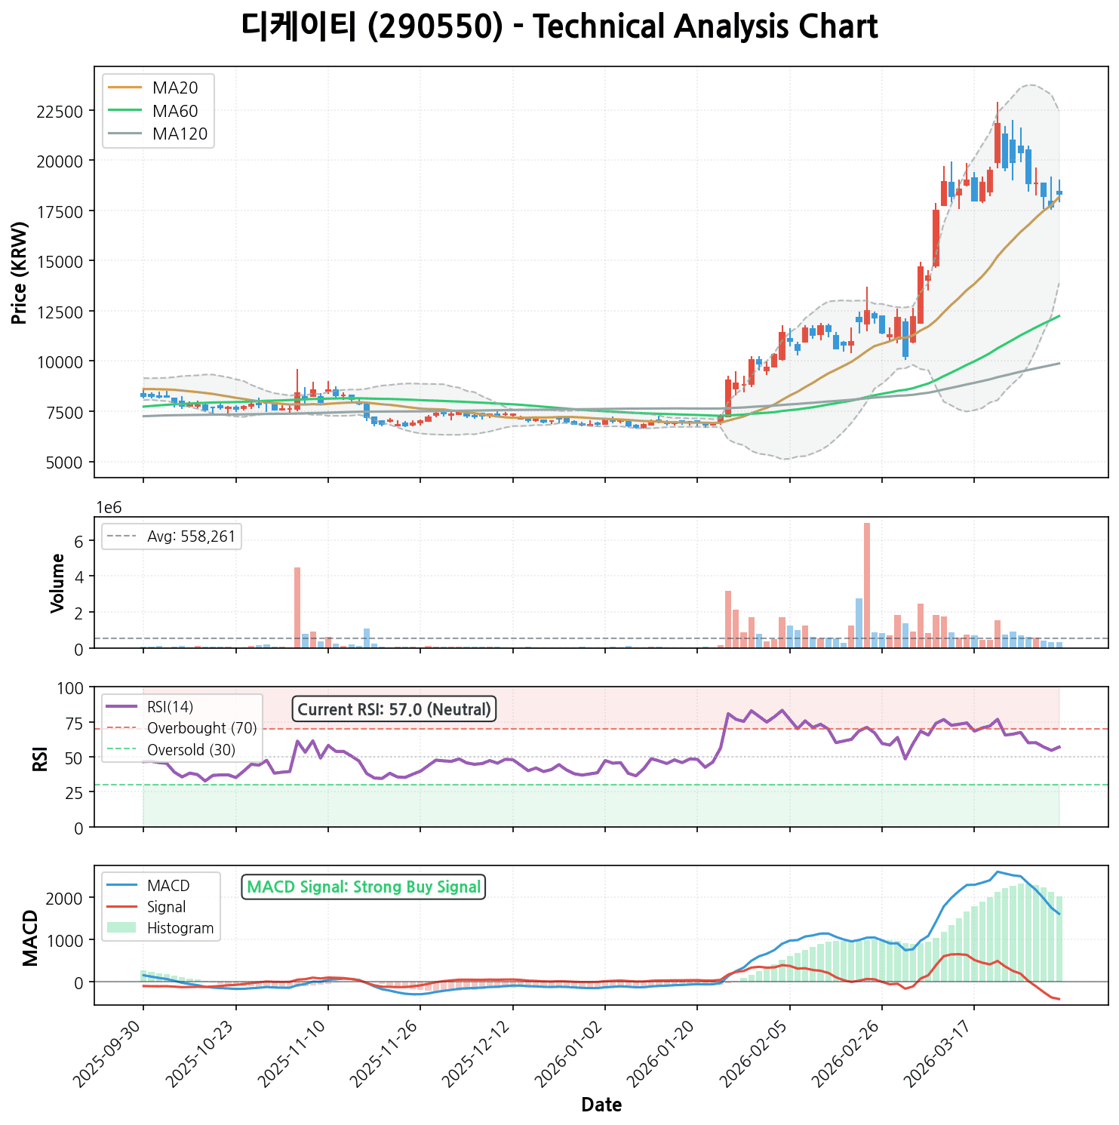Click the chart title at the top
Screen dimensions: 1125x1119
559,27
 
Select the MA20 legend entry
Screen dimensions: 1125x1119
174,88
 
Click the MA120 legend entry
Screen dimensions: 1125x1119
180,134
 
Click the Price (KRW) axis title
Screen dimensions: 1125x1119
20,272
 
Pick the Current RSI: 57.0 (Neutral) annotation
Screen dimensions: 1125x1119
394,709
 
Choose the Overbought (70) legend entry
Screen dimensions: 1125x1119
201,728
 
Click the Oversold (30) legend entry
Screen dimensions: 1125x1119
191,750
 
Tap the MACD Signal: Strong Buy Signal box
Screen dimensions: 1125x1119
364,887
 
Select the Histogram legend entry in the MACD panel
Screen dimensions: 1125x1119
180,928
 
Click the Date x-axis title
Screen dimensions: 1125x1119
601,1105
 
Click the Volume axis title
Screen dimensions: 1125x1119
57,582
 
